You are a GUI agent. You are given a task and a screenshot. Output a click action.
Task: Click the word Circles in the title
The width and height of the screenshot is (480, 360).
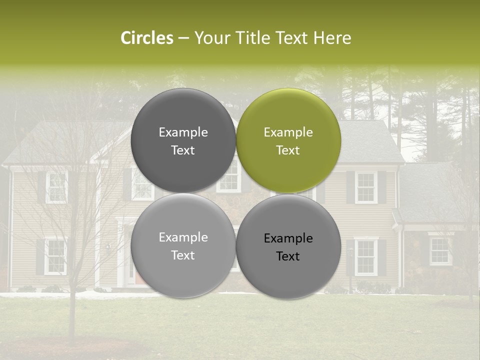[x=146, y=38]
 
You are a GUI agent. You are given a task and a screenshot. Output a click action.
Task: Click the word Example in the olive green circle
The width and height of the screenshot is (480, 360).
[x=288, y=132]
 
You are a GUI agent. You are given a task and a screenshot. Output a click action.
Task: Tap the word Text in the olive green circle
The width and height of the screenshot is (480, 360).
[x=288, y=150]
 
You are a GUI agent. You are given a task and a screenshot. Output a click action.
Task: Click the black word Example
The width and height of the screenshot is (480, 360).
[x=288, y=238]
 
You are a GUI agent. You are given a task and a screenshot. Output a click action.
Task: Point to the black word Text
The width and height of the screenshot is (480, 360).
[x=288, y=256]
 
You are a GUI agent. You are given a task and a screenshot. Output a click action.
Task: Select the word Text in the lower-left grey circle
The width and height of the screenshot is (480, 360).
[x=183, y=255]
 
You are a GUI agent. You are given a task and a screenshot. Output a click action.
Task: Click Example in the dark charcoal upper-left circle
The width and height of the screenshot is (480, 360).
[x=183, y=132]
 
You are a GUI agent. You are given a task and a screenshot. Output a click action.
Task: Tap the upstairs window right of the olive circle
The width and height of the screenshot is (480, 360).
[x=366, y=187]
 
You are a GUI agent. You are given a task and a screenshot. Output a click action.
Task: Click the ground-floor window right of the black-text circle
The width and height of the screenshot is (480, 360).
[x=366, y=256]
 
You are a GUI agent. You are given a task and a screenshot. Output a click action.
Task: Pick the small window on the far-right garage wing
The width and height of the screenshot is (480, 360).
[x=440, y=251]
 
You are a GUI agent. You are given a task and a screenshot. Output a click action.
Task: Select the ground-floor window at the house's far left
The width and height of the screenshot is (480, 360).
[x=55, y=256]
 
